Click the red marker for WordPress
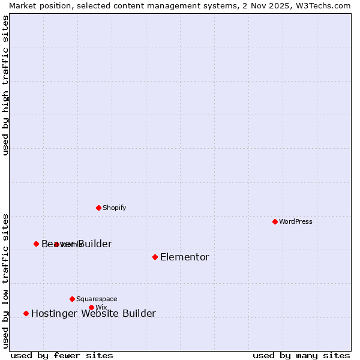[275, 221]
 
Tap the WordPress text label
[296, 221]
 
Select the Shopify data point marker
[98, 208]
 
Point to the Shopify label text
[114, 208]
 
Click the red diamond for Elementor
[155, 257]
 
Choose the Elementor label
[185, 257]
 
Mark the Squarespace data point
[72, 299]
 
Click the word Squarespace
[97, 299]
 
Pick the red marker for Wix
[91, 307]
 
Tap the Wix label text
[101, 307]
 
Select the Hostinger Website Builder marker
[26, 313]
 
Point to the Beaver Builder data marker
[36, 244]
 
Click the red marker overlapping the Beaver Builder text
[56, 244]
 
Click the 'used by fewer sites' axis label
[62, 355]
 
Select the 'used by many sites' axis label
[301, 355]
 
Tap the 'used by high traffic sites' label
[5, 85]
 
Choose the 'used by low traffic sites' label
[5, 280]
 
